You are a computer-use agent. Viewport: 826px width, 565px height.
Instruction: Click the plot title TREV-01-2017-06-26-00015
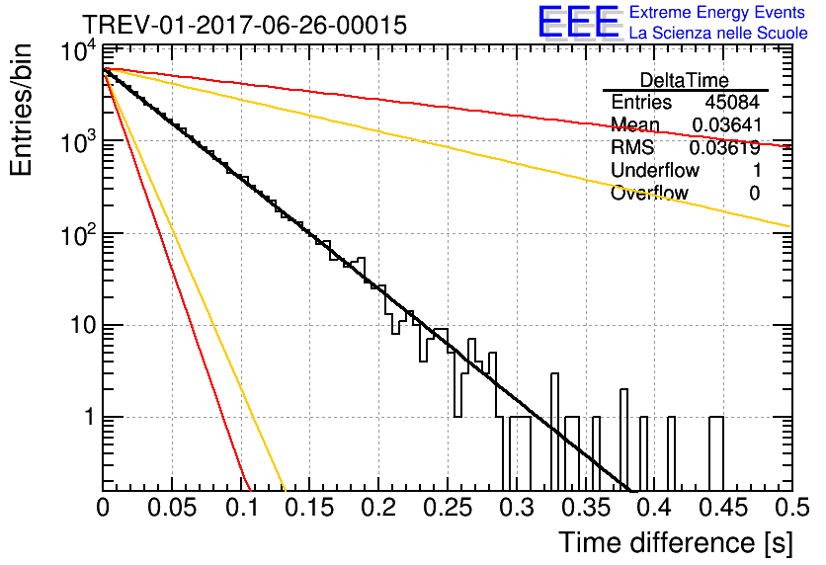pos(244,26)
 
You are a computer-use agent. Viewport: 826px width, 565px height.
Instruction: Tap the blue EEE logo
pos(579,22)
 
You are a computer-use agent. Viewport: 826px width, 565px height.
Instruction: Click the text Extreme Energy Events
pos(717,12)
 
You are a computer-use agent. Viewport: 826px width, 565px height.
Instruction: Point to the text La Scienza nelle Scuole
pos(718,33)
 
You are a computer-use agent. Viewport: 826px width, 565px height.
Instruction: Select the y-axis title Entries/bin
pos(21,111)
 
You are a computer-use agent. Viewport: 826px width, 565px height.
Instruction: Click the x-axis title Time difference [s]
pos(676,542)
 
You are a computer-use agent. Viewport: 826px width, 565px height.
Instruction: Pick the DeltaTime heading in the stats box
pos(685,80)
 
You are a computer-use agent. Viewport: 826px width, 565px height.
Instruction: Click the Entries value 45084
pos(732,102)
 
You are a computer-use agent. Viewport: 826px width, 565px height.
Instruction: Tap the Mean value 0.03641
pos(727,124)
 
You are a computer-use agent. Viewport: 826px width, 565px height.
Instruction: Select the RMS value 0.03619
pos(725,148)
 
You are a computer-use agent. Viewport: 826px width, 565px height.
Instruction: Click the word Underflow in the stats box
pos(655,170)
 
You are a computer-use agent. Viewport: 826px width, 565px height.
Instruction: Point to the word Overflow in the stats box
pos(649,193)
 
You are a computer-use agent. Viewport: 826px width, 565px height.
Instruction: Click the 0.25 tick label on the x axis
pos(448,508)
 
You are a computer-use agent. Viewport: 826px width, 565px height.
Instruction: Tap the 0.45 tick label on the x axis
pos(723,508)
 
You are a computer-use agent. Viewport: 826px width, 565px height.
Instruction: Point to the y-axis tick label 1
pos(90,417)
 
